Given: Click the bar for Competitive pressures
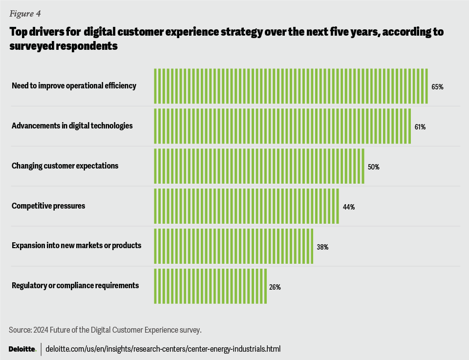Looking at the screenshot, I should [246, 206].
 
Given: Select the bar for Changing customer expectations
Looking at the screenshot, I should [259, 166].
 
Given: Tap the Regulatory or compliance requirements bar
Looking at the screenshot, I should [210, 286].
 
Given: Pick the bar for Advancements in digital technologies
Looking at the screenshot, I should [282, 126].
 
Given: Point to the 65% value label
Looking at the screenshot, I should [437, 87].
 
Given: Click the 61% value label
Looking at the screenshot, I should [420, 127].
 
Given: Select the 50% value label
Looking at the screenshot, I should [373, 167].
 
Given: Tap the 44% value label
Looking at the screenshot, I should [348, 207].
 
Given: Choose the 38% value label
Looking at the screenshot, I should [322, 247].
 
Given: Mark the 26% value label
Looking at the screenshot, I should [275, 287].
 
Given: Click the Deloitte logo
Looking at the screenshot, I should [22, 349].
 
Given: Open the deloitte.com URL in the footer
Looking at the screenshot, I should [163, 349].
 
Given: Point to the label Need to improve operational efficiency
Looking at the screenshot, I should [74, 86].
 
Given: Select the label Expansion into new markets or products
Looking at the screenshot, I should [76, 245].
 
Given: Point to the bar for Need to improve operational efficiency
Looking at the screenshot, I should [291, 86].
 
